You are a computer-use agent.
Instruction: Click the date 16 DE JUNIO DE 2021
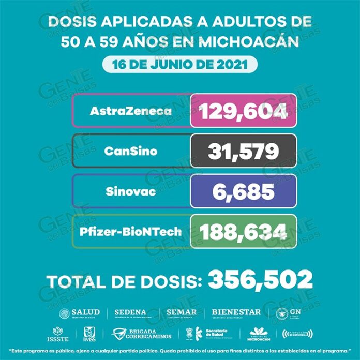(x=179, y=66)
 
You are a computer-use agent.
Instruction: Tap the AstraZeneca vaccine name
(x=131, y=111)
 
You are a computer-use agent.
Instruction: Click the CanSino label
(x=131, y=151)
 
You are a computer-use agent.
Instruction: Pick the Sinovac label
(x=131, y=191)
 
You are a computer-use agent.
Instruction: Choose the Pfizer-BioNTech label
(x=131, y=231)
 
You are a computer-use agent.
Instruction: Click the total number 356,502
(x=260, y=280)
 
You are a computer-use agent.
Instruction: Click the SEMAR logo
(x=182, y=313)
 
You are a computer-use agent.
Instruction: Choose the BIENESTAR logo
(x=236, y=313)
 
